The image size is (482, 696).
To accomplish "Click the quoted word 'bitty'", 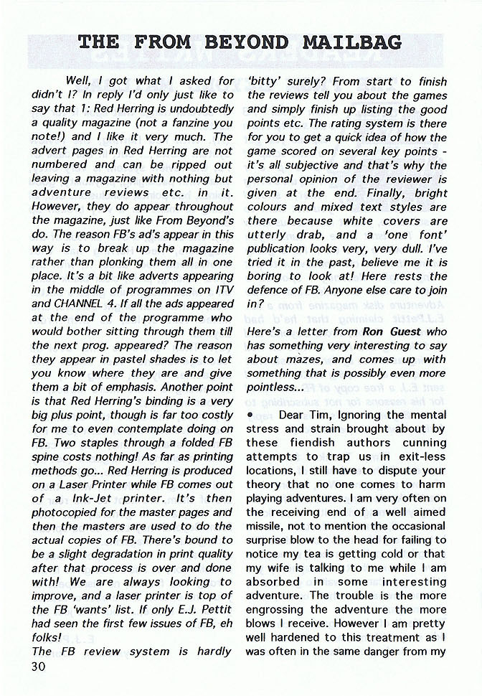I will click(x=267, y=82).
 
